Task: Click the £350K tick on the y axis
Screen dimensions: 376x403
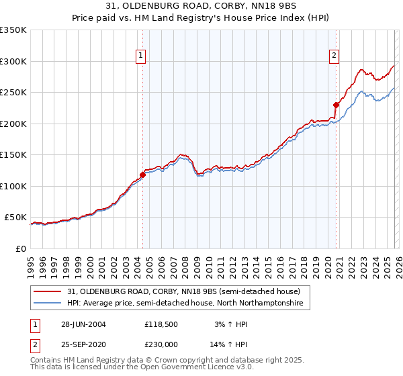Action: [13, 30]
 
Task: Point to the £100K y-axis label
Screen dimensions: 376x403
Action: [13, 186]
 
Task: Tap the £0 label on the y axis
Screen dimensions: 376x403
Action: [21, 248]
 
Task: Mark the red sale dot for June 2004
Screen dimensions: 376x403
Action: [142, 175]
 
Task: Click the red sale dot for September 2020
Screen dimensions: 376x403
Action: [336, 105]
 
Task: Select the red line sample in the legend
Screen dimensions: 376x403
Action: [48, 291]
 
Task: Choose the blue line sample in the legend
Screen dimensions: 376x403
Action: [48, 303]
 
